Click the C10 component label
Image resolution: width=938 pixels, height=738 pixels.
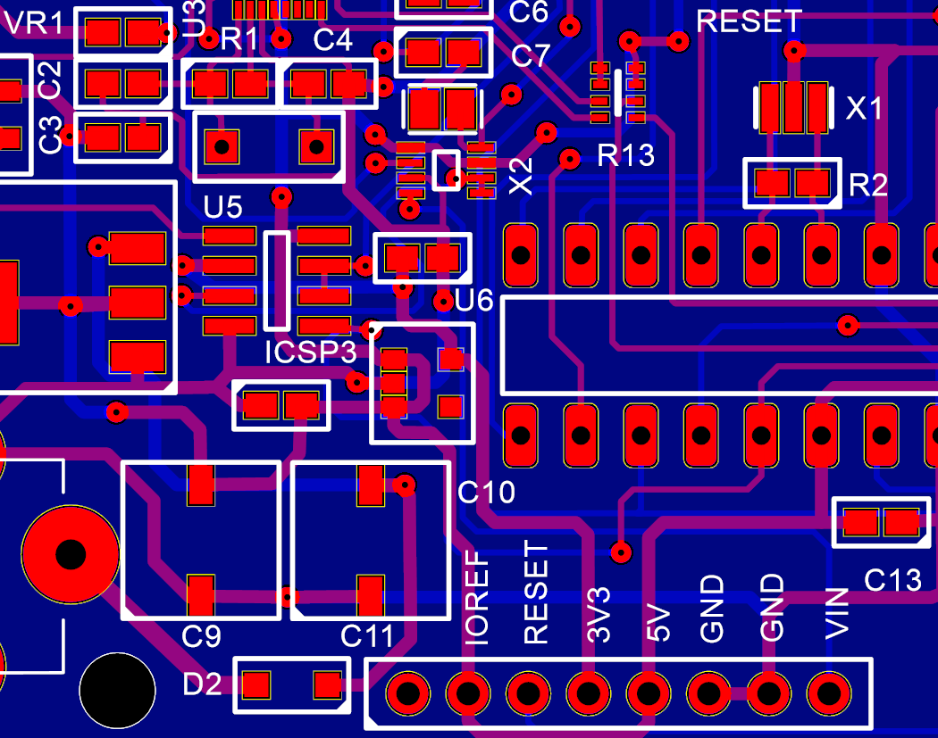coord(486,492)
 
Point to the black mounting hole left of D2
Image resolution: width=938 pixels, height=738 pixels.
coord(116,691)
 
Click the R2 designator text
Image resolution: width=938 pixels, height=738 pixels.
coord(868,186)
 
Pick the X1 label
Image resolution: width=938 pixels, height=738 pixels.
coord(864,109)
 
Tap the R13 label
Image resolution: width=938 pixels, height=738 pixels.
coord(626,156)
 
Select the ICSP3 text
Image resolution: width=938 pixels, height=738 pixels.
coord(311,352)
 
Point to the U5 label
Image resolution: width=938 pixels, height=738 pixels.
coord(222,208)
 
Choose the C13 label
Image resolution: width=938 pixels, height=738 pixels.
coord(892,580)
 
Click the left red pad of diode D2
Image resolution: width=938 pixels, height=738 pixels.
coord(257,685)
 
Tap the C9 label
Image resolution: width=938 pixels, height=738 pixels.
coord(202,636)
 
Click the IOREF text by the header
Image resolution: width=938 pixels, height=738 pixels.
coord(478,597)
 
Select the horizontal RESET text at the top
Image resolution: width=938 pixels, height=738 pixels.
coord(750,21)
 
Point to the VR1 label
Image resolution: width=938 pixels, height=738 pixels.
coord(34,24)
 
